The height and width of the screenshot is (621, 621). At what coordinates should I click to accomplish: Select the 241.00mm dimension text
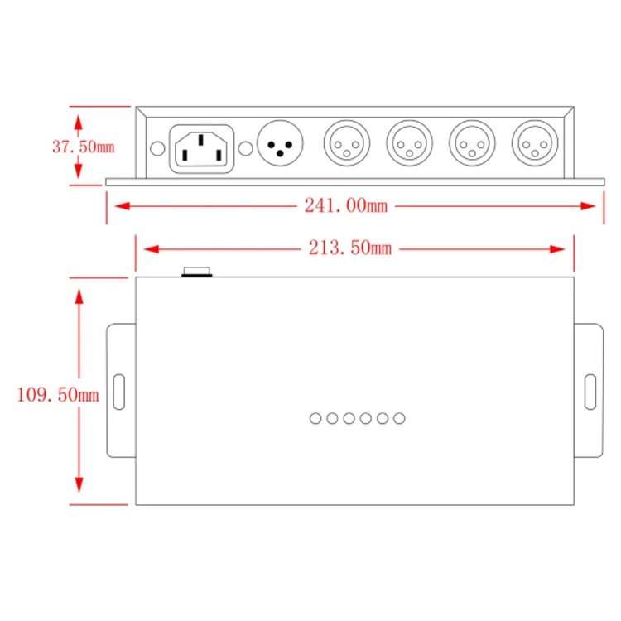click(x=345, y=206)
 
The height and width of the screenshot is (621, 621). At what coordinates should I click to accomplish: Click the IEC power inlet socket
click(x=201, y=148)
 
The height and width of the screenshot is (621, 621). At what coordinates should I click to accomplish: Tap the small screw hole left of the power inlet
click(x=157, y=149)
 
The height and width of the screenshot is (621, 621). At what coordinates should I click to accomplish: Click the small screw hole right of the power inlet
click(x=245, y=149)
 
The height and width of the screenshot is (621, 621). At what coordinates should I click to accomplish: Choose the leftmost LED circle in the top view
click(x=315, y=418)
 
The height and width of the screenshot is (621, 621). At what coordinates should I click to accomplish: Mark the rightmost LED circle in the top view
click(x=399, y=418)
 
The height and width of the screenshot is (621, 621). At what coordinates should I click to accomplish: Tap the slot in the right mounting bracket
click(x=590, y=391)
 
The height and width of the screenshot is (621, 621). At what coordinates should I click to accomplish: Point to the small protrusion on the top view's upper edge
click(x=198, y=272)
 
